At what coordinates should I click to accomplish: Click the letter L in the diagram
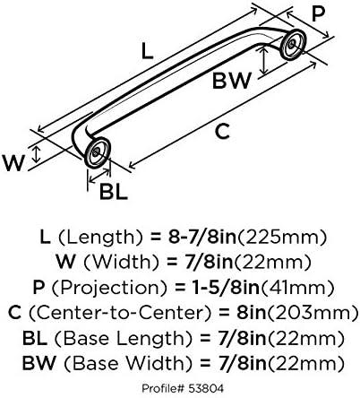[147, 51]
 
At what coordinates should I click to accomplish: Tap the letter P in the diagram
[318, 14]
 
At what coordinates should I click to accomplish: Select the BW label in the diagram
[231, 81]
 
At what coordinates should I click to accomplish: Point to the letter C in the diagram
[223, 132]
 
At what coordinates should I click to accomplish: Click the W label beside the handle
[13, 163]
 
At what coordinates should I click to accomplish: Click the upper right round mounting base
[294, 44]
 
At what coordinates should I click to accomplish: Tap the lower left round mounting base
[98, 152]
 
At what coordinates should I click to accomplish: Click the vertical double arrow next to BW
[263, 61]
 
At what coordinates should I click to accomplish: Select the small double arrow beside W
[37, 154]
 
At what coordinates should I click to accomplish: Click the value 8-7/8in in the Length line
[202, 237]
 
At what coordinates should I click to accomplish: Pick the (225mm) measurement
[282, 238]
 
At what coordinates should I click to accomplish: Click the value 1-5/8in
[227, 288]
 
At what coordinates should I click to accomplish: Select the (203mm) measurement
[312, 313]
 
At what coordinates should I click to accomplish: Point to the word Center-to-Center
[120, 313]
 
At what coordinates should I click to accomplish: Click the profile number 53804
[206, 388]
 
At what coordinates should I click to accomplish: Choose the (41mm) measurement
[296, 288]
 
